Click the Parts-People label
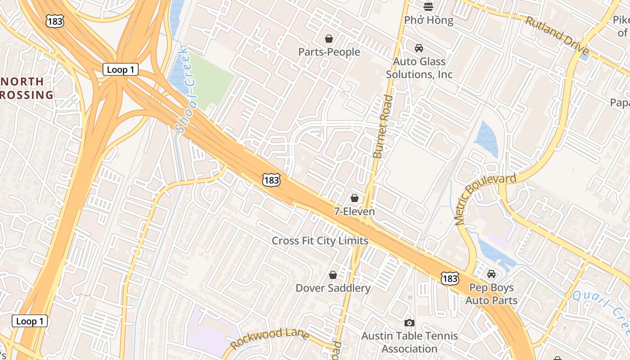tap(329, 52)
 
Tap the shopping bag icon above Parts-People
tap(329, 39)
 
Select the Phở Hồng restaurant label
tap(428, 20)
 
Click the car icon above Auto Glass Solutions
tap(419, 48)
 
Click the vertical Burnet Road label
tap(382, 126)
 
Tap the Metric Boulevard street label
tap(484, 198)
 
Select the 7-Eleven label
tap(354, 211)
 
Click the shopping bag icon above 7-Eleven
tap(355, 198)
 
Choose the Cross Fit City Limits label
tap(320, 241)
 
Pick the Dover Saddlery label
tap(333, 288)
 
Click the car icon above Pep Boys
tap(491, 274)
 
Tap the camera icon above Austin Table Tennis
tap(409, 323)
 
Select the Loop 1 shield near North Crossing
tap(120, 70)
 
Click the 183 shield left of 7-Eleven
tap(271, 180)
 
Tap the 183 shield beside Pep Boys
tap(450, 279)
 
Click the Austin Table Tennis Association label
tap(409, 342)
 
